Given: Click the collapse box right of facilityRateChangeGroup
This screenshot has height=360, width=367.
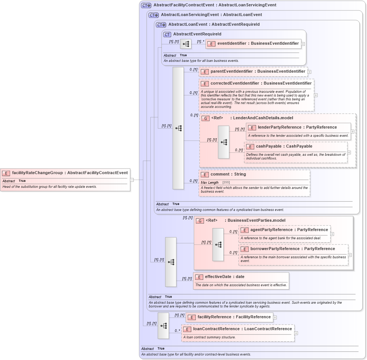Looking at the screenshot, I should pos(132,180).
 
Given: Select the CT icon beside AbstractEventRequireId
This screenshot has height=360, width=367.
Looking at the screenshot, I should pos(167,34).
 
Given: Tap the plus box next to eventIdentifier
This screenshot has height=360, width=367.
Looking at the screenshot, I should pos(303,44).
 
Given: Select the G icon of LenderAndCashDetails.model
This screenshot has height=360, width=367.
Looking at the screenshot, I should pos(205,118).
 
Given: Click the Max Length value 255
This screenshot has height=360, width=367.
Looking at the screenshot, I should pos(226,183).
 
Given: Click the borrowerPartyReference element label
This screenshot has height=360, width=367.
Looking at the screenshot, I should pos(293,249).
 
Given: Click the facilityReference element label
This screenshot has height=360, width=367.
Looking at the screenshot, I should pos(234,317).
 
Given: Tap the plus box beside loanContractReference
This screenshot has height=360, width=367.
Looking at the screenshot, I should pos(296,333).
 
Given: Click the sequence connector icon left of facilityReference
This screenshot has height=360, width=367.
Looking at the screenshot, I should pos(163,326).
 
